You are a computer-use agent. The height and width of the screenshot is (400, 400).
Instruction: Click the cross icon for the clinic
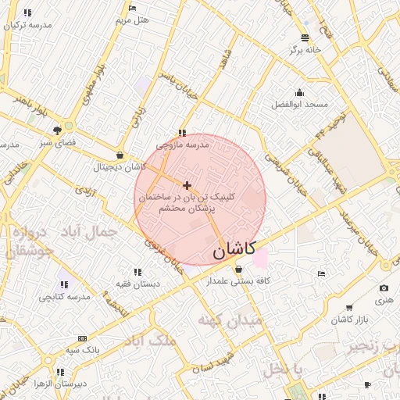click(186, 185)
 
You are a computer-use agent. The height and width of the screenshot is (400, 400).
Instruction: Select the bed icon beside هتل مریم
click(132, 8)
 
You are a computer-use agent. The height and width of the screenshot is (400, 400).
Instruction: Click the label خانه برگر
click(305, 49)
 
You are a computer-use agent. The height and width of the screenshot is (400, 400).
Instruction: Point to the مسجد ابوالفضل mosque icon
click(299, 92)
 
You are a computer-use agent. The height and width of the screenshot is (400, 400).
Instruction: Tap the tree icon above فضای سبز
click(57, 130)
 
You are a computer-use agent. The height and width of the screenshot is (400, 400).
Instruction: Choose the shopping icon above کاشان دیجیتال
click(119, 154)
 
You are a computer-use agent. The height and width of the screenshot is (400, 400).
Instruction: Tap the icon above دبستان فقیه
click(137, 272)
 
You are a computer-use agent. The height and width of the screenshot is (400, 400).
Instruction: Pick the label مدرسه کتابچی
click(64, 297)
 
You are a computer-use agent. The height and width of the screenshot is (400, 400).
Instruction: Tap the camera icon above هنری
click(383, 288)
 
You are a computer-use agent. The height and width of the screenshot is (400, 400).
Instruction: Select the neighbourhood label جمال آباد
click(92, 231)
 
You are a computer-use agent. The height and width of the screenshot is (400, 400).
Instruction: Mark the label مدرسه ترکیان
click(27, 25)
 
